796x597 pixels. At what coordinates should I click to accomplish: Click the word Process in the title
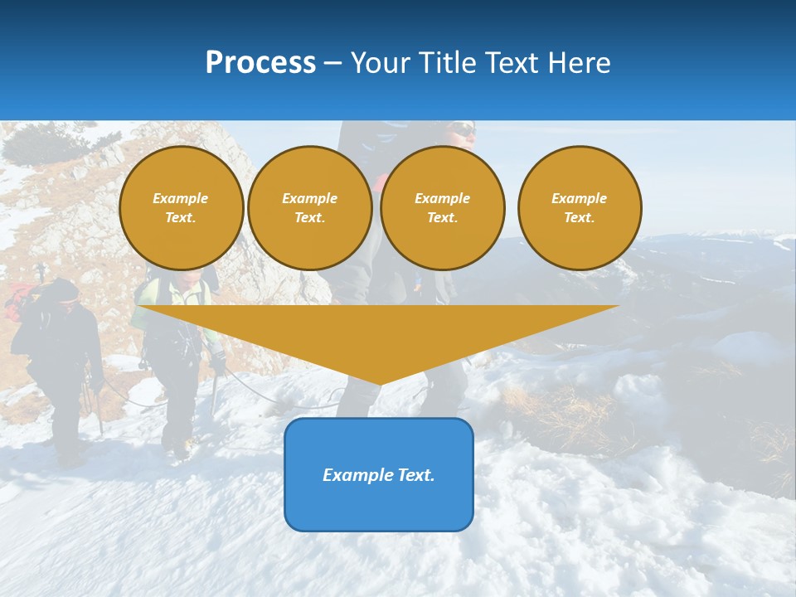point(260,63)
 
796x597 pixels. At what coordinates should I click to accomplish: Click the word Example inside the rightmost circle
point(579,198)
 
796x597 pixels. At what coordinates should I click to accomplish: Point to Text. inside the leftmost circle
point(181,218)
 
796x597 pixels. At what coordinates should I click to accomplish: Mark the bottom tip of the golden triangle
point(379,383)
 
